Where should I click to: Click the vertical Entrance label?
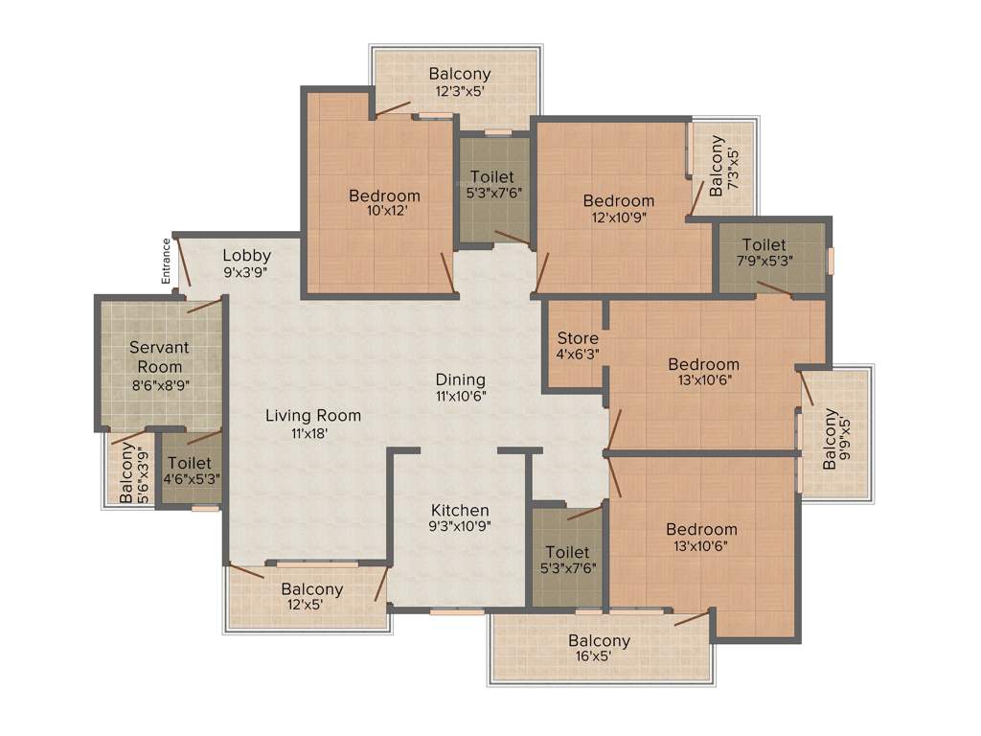166,260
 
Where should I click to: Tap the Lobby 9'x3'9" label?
247,263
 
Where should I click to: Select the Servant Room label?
159,356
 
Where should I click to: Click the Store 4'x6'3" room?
578,346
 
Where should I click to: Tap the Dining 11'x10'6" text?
460,387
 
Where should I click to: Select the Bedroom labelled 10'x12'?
384,203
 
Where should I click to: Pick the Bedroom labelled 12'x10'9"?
619,209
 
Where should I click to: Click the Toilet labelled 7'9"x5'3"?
764,253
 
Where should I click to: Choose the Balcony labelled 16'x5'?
599,649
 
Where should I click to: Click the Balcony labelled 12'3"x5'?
460,81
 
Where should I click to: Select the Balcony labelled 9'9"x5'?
837,439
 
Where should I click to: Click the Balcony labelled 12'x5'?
311,596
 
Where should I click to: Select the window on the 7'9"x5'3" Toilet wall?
831,261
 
